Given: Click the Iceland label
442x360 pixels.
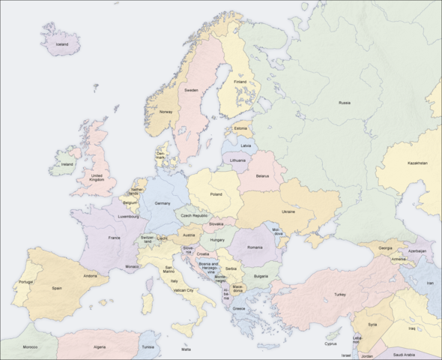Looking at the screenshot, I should [62, 44].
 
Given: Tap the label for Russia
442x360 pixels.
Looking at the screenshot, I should [345, 102].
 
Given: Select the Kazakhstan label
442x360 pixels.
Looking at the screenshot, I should [417, 163].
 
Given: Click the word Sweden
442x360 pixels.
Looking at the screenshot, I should [192, 90].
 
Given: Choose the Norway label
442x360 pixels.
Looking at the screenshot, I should [166, 112].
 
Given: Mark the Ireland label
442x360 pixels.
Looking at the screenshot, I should [67, 163].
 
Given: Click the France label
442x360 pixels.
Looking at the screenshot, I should [114, 238].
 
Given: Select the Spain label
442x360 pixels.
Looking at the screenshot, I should [57, 287].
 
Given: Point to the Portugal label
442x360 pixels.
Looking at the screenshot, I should [25, 282].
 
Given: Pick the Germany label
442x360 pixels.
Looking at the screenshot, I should [163, 203].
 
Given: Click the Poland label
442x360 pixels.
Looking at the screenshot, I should [216, 194].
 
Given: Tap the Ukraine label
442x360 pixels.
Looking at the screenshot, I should [288, 211].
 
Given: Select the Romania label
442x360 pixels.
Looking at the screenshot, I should [257, 247].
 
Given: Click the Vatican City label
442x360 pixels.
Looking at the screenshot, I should [184, 289].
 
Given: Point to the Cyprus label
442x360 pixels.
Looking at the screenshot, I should [330, 344].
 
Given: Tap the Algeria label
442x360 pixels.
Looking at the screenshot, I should [99, 347].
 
